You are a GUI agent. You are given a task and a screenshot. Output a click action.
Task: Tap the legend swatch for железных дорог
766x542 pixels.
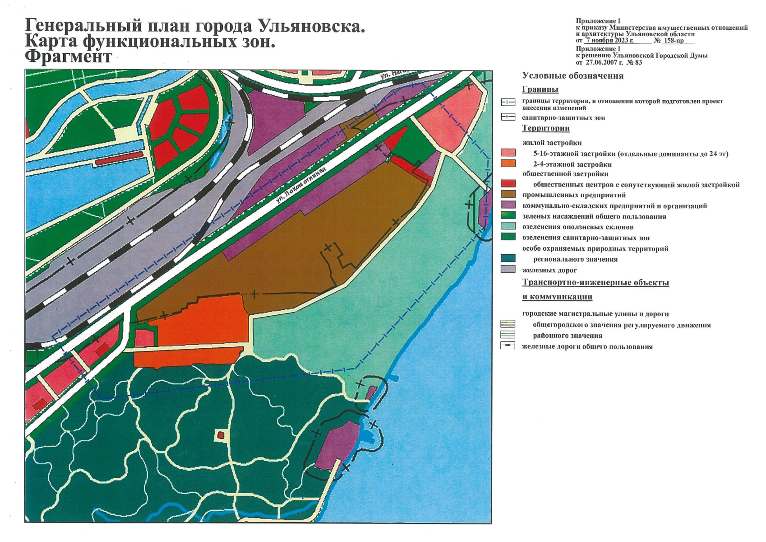pos(508,270)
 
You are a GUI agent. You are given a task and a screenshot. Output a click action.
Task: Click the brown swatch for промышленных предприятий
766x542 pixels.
pos(508,195)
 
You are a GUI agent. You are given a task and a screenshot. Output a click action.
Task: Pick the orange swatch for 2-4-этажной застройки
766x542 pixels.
pos(508,164)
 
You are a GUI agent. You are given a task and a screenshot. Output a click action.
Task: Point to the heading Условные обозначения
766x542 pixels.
pos(572,76)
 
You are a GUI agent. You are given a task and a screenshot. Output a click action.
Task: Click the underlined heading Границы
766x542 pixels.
pos(540,89)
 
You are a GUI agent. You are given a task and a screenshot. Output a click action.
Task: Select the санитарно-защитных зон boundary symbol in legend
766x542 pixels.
pos(508,117)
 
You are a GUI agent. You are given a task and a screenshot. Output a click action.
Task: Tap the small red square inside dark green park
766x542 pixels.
pos(221,435)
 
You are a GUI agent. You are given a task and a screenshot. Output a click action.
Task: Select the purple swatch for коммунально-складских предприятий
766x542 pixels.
pos(508,206)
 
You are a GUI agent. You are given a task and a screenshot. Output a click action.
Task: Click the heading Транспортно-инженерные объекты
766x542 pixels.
pos(595,283)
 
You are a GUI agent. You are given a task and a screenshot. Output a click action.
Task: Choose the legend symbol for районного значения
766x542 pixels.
pos(508,335)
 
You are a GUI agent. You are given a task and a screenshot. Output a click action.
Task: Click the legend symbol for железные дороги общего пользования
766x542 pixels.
pos(508,346)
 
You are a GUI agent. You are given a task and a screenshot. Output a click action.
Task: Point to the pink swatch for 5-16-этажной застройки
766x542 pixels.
pos(508,153)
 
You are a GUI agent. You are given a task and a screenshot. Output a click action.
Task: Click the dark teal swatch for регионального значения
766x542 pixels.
pos(508,259)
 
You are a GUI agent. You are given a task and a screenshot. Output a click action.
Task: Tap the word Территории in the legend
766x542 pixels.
pos(545,128)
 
